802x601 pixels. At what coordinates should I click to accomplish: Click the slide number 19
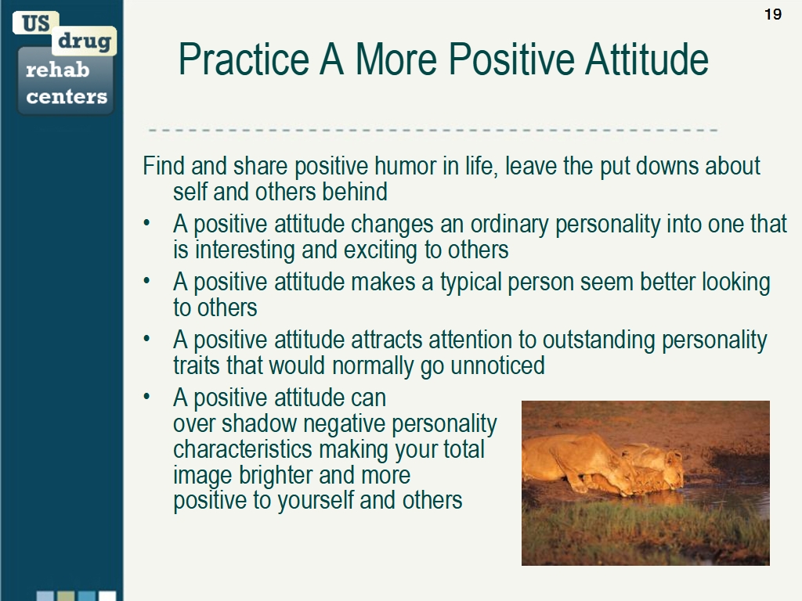[x=772, y=14]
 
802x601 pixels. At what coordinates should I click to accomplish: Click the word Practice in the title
[x=244, y=59]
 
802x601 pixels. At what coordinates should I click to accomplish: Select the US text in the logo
[x=35, y=23]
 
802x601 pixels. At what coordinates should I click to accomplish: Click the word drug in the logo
[x=84, y=41]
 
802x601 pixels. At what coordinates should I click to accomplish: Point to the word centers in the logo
[x=67, y=97]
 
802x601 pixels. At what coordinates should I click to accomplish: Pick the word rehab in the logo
[x=57, y=70]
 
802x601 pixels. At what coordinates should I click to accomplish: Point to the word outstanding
[x=599, y=340]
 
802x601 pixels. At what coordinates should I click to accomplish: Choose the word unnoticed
[x=497, y=365]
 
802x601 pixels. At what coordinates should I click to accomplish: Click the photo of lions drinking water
[x=645, y=482]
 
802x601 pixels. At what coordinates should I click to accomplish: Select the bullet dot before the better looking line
[x=146, y=283]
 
